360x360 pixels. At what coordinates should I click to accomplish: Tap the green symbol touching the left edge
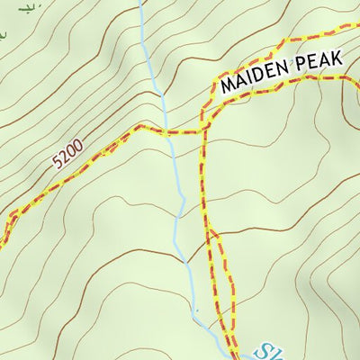point(3,36)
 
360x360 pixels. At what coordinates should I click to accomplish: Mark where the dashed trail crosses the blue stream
point(170,131)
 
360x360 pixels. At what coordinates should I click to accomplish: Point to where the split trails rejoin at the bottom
point(230,337)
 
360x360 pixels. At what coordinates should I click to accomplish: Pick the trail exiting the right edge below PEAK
point(355,79)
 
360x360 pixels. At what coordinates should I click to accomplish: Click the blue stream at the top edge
point(141,4)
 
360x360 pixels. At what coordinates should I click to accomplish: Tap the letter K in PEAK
point(338,58)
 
